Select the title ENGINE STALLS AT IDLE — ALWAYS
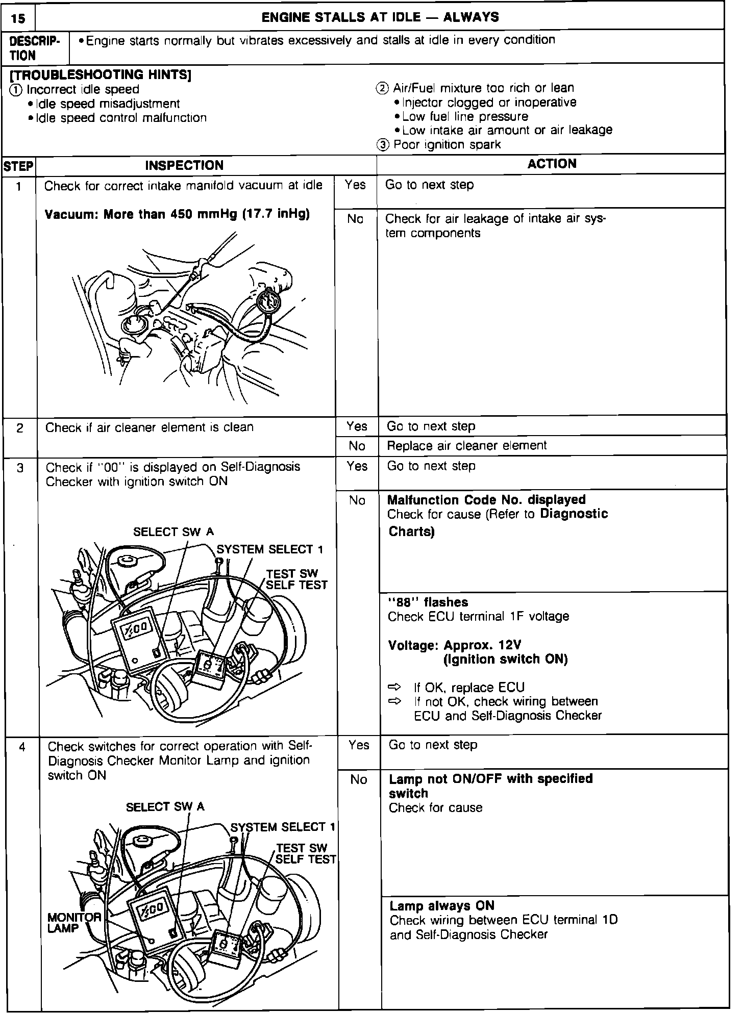(380, 17)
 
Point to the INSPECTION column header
(184, 165)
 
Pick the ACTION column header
(552, 164)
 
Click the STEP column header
(18, 166)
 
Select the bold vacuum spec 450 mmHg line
(177, 214)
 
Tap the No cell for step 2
(357, 446)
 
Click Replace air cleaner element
(466, 445)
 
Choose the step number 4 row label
(21, 747)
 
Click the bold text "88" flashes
(428, 602)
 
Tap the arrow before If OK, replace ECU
(395, 687)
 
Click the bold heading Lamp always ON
(442, 905)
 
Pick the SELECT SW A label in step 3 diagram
(173, 532)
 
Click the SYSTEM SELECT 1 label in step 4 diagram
(283, 827)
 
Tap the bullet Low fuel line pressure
(464, 116)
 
